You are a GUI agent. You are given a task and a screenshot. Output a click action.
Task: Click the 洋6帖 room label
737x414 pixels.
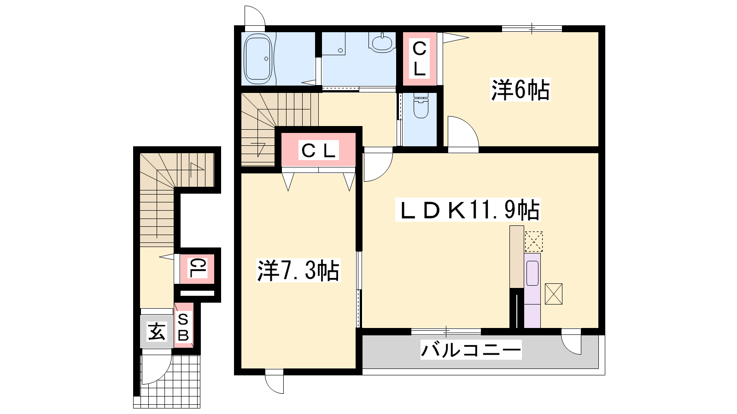(520, 89)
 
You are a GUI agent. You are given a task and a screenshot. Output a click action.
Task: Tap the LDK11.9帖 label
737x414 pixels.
(468, 210)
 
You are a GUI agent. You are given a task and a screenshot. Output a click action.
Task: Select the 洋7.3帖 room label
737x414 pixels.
(298, 270)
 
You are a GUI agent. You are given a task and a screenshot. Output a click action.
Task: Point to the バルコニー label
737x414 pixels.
(471, 350)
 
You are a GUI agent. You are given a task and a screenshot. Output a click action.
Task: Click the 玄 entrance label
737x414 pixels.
(156, 331)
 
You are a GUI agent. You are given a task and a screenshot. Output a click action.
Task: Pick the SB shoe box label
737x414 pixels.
(183, 328)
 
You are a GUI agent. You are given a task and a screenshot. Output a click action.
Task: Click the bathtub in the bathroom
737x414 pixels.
(258, 59)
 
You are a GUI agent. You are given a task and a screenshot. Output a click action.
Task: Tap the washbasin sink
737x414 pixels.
(382, 43)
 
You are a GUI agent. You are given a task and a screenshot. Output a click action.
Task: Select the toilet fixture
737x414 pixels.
(421, 105)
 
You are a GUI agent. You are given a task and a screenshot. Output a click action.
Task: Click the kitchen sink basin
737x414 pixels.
(532, 273)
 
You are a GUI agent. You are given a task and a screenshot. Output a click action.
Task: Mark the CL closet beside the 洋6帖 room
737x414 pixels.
(420, 59)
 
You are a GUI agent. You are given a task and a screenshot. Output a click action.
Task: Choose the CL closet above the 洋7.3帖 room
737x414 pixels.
(318, 150)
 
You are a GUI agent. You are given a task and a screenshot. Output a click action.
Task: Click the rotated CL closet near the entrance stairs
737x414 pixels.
(197, 269)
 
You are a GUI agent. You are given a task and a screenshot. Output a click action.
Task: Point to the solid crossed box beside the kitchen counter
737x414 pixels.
(554, 294)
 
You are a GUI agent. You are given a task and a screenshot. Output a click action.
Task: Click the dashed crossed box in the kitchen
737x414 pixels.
(534, 241)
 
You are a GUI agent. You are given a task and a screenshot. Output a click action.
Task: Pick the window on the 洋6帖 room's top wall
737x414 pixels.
(532, 29)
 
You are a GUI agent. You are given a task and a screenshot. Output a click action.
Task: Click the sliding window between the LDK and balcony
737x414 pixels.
(446, 332)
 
